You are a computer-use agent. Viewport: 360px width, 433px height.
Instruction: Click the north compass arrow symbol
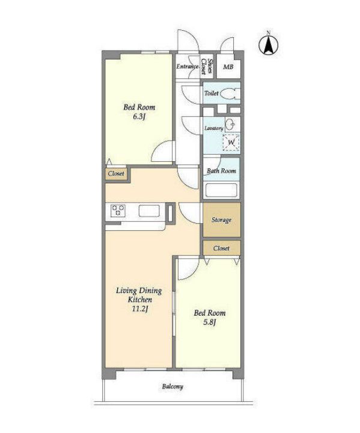268,44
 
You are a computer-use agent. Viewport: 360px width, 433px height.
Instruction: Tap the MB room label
228,67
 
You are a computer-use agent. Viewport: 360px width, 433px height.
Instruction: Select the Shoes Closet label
207,67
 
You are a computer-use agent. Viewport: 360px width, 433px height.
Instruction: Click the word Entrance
188,67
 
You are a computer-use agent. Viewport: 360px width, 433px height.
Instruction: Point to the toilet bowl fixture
230,94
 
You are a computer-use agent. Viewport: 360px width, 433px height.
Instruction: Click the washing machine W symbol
231,143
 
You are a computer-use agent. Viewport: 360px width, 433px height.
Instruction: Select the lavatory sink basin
230,125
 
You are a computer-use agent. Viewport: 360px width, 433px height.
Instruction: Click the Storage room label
221,220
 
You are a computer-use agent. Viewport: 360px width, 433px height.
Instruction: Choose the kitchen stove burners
118,210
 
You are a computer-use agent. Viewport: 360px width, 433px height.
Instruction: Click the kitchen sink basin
149,210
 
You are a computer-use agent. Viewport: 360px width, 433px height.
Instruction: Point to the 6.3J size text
139,117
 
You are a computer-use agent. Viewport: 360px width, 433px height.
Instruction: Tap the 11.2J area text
140,309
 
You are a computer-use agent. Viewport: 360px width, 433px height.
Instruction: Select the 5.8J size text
210,322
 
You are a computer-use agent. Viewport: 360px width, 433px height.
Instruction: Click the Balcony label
172,387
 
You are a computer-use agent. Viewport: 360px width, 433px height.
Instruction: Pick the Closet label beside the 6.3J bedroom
116,174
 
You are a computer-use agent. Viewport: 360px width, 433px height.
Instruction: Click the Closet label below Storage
221,248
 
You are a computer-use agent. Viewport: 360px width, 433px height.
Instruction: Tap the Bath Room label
221,171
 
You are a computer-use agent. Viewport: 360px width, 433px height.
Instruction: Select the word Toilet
211,93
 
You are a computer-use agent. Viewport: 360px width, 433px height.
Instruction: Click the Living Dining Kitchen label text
139,295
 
